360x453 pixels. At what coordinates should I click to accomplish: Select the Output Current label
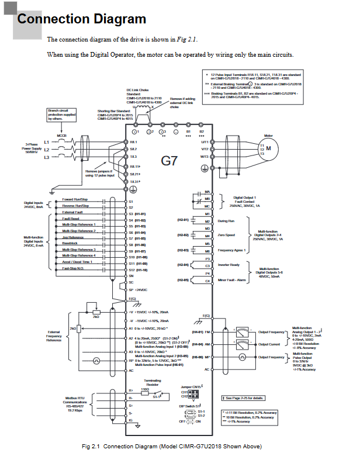272,344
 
